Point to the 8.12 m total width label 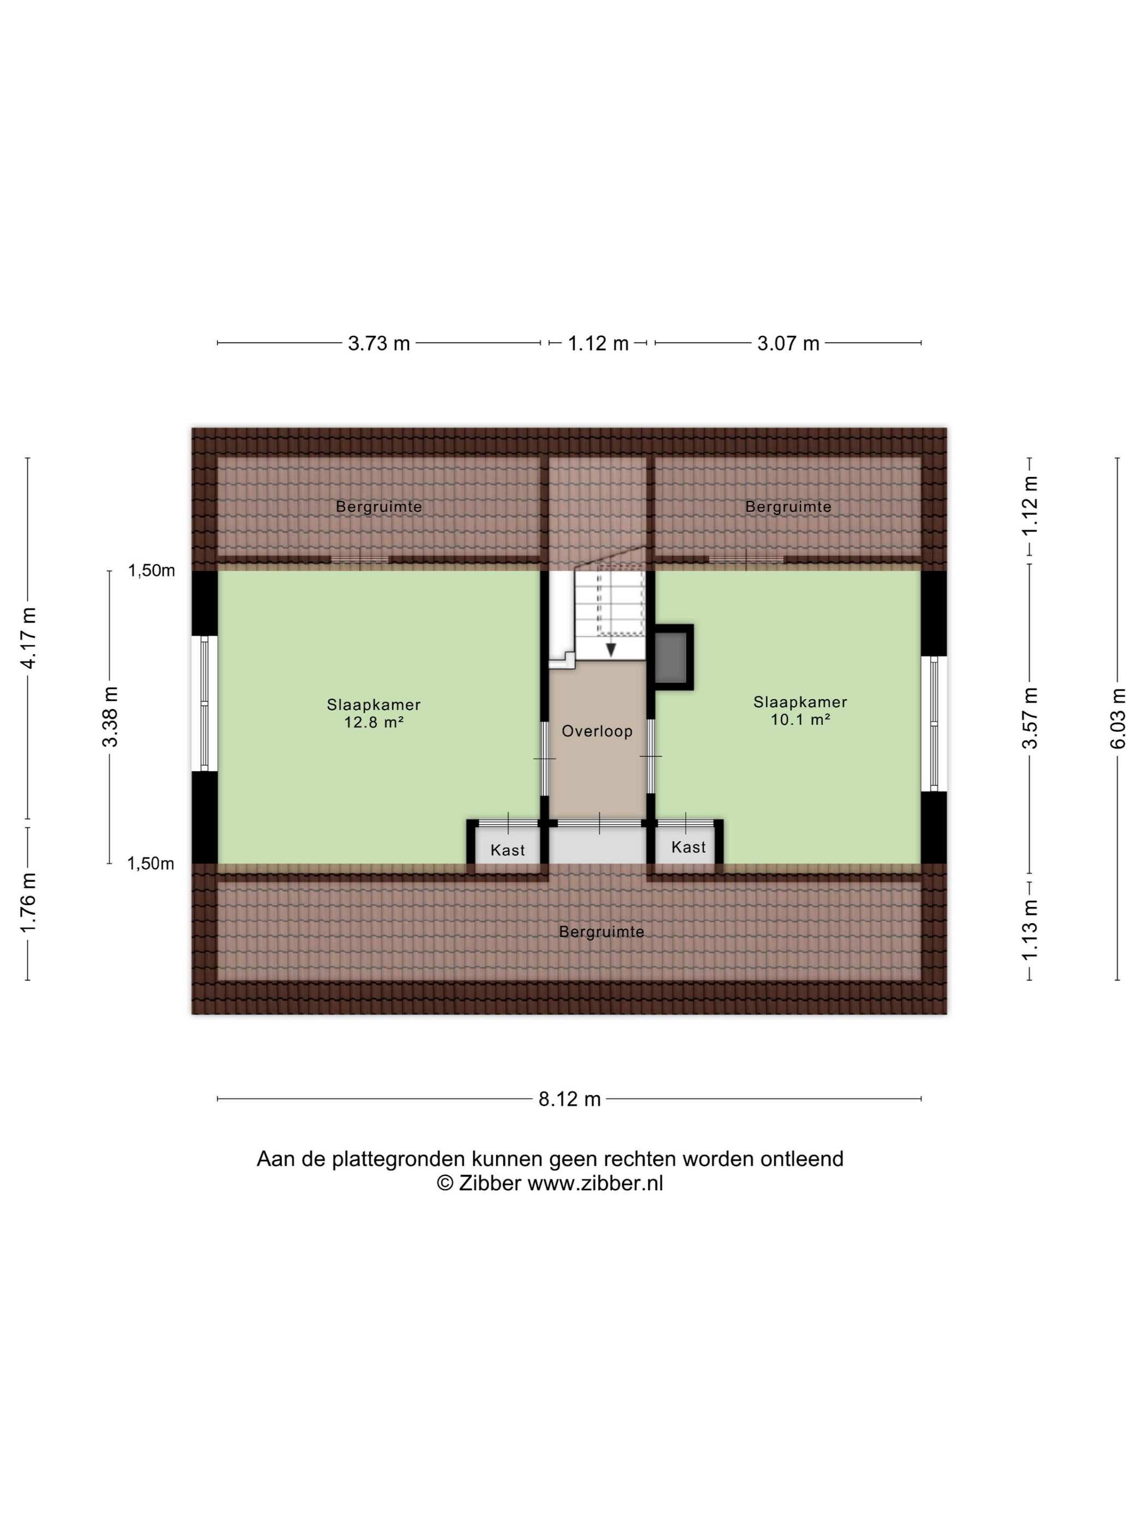pos(569,1099)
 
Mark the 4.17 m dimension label pos(28,638)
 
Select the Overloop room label pos(597,731)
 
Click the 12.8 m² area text pos(373,722)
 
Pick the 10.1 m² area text pos(800,719)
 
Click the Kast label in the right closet pos(689,847)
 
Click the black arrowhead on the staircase pos(611,650)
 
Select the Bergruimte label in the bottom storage pos(602,932)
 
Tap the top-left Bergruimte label pos(379,507)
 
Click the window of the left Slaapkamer pos(204,703)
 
